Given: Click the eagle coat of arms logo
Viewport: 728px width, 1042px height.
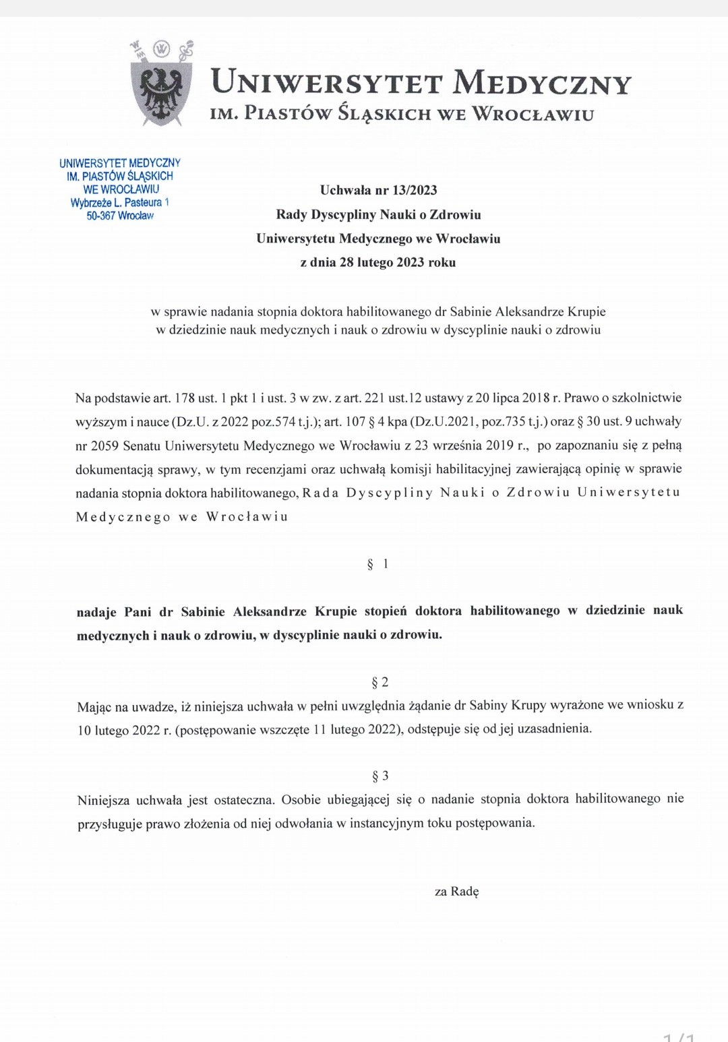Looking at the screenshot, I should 160,86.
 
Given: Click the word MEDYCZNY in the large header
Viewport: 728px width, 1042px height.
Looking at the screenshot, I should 542,83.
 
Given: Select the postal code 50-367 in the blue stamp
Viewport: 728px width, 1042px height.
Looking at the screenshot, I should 100,216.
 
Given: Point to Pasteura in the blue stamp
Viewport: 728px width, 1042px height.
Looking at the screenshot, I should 143,202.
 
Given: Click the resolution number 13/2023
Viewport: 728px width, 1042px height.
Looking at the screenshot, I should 415,190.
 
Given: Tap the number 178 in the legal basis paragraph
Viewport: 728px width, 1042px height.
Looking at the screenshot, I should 184,398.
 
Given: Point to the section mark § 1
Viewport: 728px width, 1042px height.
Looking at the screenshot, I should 377,563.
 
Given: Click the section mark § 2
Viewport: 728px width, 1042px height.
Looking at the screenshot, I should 380,682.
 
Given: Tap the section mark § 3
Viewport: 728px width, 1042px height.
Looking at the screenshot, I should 380,776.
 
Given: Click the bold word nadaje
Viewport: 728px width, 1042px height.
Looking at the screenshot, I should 96,612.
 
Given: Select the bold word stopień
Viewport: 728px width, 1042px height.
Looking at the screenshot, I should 386,611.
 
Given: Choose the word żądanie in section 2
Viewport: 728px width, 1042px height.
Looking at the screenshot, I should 429,706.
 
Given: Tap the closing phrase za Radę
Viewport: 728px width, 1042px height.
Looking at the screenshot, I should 456,891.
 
